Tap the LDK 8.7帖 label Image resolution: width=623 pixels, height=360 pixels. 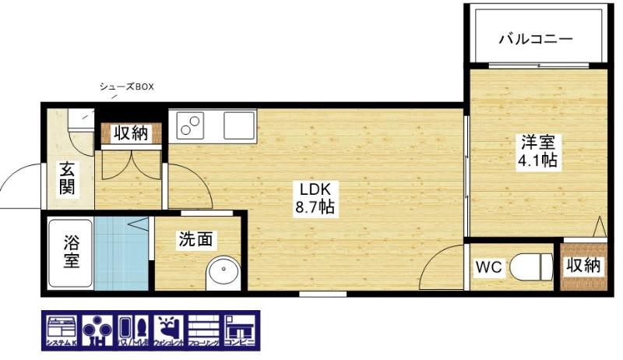click(315, 199)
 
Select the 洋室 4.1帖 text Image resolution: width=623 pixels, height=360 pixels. click(537, 152)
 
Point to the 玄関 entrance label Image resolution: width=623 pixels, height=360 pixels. click(67, 179)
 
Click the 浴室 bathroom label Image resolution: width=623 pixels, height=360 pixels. click(70, 252)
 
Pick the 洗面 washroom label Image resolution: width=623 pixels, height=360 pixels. click(195, 240)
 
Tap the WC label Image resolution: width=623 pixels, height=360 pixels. click(488, 267)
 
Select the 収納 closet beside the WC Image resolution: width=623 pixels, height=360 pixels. click(583, 266)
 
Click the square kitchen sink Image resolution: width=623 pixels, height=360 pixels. click(238, 124)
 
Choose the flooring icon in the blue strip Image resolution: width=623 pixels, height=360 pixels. click(202, 330)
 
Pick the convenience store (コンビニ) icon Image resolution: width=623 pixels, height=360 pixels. click(238, 330)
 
